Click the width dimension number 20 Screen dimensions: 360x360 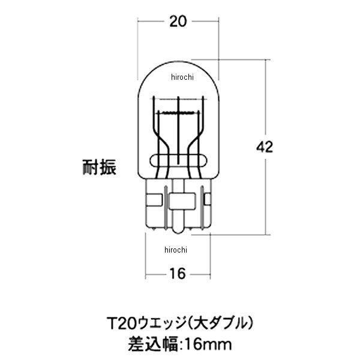point(176,22)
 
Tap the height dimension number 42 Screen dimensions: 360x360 point(265,146)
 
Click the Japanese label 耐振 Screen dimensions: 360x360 point(99,166)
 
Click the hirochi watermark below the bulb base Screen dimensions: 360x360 point(175,250)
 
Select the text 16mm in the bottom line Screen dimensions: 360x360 point(203,345)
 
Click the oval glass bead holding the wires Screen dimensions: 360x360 point(178,159)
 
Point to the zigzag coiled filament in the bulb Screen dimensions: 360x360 point(178,113)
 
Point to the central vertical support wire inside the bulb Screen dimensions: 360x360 point(179,135)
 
